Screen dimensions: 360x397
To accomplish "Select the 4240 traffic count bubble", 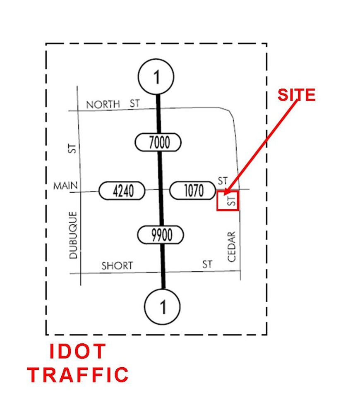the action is click(122, 191).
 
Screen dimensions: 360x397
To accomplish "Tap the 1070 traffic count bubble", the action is click(192, 190).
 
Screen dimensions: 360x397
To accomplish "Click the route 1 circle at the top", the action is click(156, 77).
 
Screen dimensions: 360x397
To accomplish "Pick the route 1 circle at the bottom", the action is click(162, 306).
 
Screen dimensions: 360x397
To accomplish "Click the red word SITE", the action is click(296, 95).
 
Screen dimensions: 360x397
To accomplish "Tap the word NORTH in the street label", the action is click(103, 104).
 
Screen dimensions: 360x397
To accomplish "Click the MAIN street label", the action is click(65, 186).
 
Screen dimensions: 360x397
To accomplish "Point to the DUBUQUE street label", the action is click(73, 235).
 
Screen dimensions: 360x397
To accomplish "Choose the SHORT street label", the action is click(117, 265).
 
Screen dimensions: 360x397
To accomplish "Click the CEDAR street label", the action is click(232, 246).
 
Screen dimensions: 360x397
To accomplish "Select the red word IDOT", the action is click(77, 351).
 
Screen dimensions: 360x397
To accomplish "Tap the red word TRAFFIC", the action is click(78, 375).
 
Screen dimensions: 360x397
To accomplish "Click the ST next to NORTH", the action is click(135, 103).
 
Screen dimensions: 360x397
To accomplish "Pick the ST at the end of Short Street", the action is click(207, 264).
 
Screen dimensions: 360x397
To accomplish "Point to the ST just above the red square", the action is click(223, 181).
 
